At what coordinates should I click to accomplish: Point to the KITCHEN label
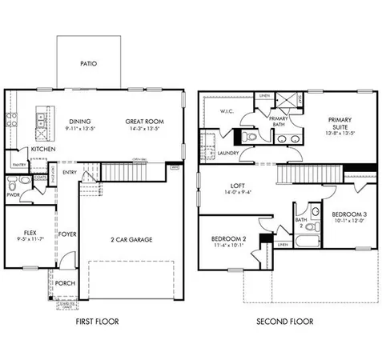tap(42, 149)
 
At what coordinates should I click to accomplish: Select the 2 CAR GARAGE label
tap(131, 239)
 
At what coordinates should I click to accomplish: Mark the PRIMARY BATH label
tap(279, 121)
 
